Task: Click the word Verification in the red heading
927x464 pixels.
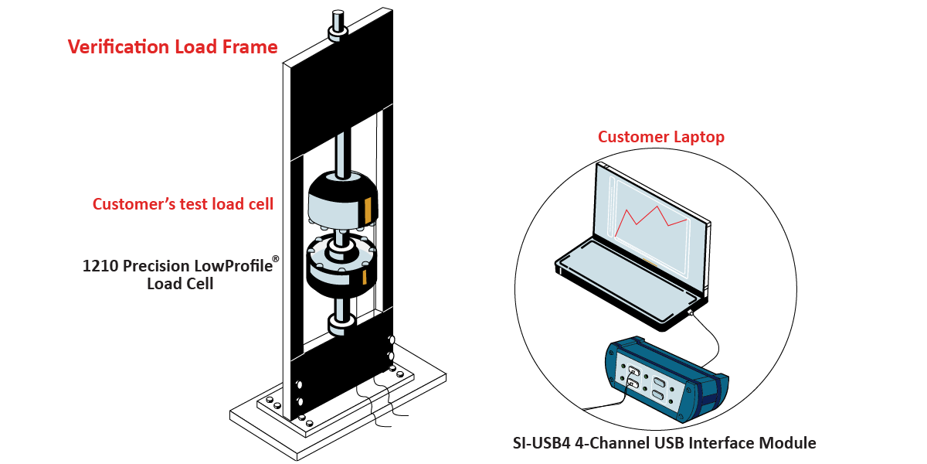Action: [x=119, y=47]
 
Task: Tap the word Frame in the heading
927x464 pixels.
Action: [x=250, y=47]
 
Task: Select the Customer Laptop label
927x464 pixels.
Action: [x=661, y=137]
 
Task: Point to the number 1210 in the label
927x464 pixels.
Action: [x=100, y=266]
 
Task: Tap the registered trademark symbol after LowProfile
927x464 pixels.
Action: [x=276, y=259]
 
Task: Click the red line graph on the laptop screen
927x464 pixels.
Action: [x=651, y=221]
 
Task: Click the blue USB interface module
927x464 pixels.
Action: [x=666, y=379]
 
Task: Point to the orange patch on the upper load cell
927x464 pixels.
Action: [x=368, y=210]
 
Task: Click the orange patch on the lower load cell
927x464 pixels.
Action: [x=365, y=277]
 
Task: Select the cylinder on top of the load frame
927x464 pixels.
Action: [x=338, y=26]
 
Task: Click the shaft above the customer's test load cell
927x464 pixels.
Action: [x=343, y=153]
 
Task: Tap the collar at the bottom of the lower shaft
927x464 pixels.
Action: [x=341, y=325]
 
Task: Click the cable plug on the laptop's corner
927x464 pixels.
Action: [x=690, y=312]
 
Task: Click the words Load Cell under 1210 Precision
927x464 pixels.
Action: [x=181, y=285]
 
